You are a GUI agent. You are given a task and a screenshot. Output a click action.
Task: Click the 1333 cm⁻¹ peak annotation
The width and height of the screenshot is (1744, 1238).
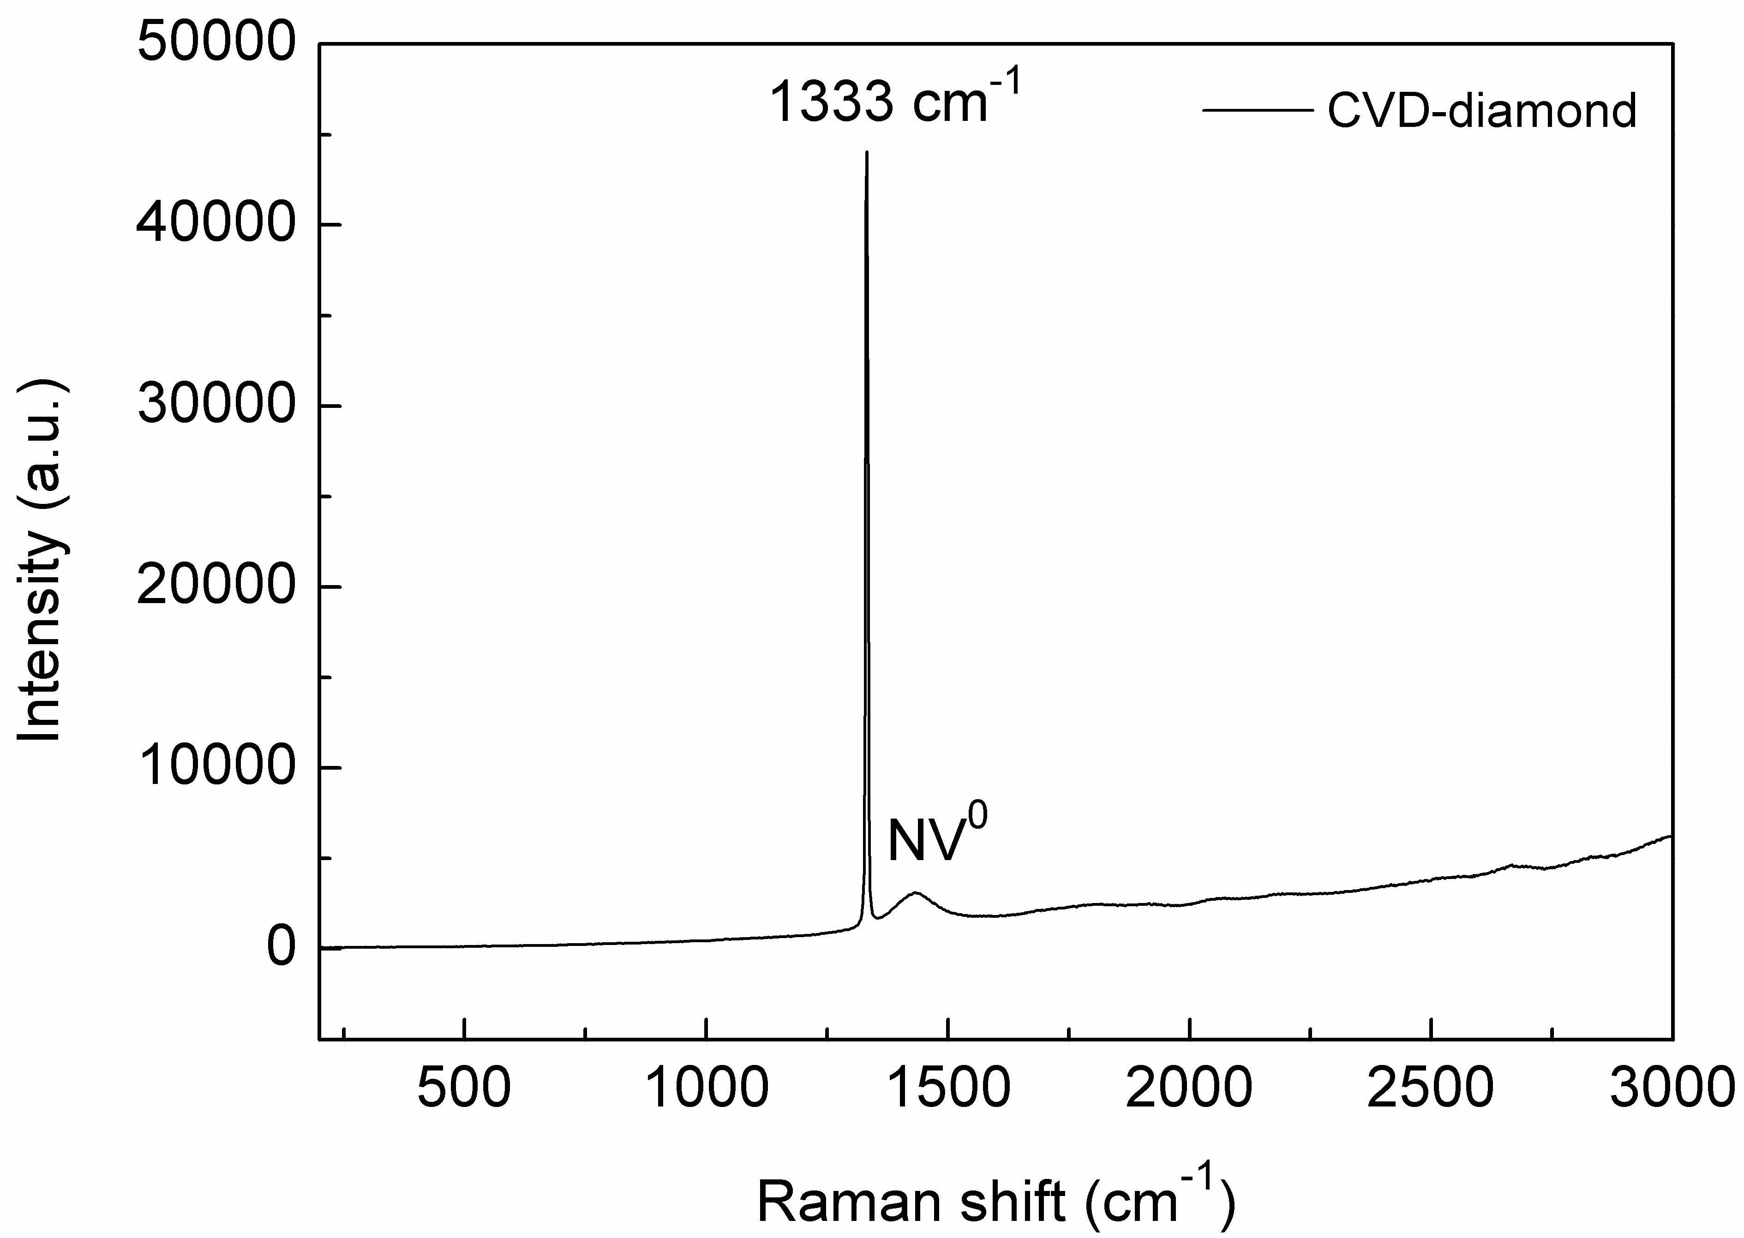pyautogui.click(x=893, y=102)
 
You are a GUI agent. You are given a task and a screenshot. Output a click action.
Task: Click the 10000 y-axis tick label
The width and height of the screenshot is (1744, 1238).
pyautogui.click(x=216, y=768)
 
